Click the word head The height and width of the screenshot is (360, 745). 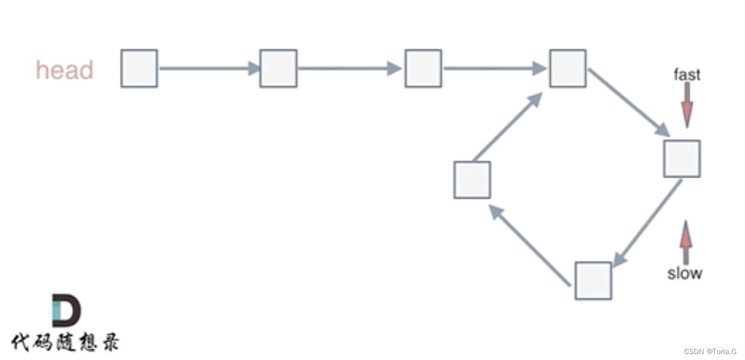pyautogui.click(x=65, y=70)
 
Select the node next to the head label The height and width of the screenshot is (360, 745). pyautogui.click(x=139, y=68)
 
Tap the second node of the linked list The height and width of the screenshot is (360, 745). pyautogui.click(x=278, y=68)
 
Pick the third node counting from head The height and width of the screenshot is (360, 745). pyautogui.click(x=423, y=68)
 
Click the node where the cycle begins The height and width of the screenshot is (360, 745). pyautogui.click(x=567, y=68)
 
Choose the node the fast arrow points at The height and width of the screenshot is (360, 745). pyautogui.click(x=682, y=159)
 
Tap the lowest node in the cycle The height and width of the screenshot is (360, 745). pyautogui.click(x=593, y=280)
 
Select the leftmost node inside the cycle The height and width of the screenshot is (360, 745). pyautogui.click(x=472, y=179)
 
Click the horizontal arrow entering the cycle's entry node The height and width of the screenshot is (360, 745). pyautogui.click(x=495, y=68)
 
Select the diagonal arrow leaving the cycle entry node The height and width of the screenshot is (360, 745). pyautogui.click(x=628, y=103)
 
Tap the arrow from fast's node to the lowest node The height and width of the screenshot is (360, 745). pyautogui.click(x=647, y=224)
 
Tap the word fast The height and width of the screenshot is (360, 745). pyautogui.click(x=687, y=74)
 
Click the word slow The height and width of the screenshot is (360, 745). pyautogui.click(x=685, y=273)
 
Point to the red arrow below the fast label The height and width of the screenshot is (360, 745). pyautogui.click(x=687, y=104)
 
